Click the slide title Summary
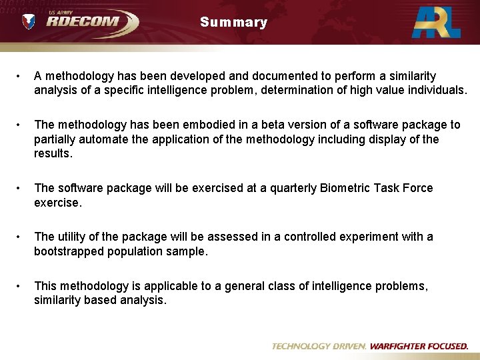[233, 23]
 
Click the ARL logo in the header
[436, 22]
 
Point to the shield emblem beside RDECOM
[29, 22]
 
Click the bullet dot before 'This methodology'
[22, 286]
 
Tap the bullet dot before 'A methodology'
[22, 76]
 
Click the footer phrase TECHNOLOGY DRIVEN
[319, 346]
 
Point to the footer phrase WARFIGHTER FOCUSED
[419, 346]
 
